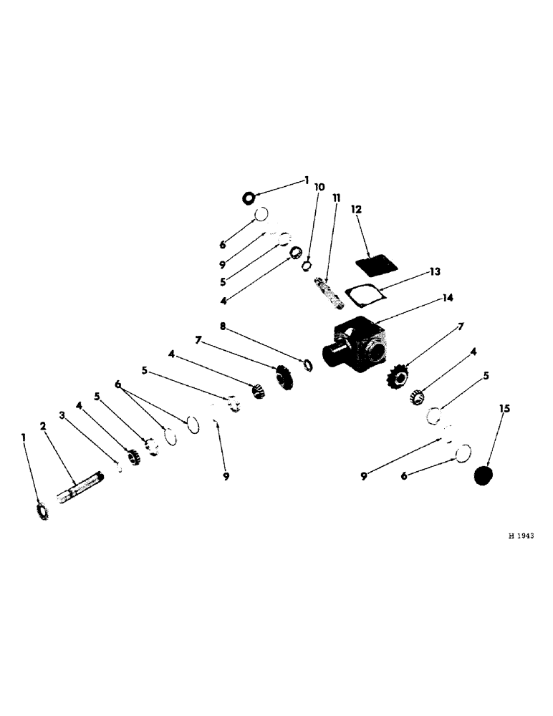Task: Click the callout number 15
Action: click(504, 408)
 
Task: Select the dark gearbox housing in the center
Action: click(358, 343)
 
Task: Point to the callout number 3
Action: click(62, 414)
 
